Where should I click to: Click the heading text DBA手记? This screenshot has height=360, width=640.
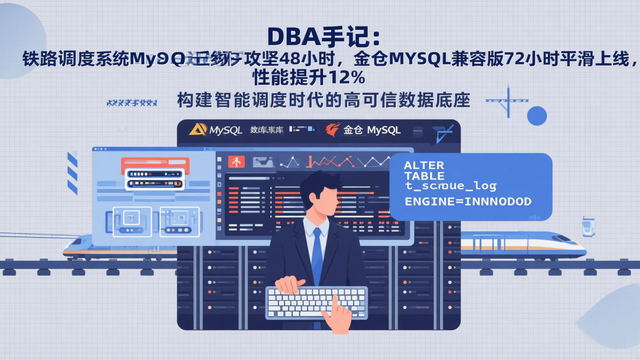323,37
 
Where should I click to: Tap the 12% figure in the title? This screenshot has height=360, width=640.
346,78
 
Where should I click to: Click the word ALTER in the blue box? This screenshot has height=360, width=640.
424,165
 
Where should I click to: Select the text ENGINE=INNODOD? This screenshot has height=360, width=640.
468,202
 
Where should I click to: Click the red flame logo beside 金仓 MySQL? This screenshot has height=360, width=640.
332,130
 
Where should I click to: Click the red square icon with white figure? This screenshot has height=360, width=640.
236,162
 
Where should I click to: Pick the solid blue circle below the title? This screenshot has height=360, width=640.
536,116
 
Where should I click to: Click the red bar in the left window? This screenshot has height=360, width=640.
155,165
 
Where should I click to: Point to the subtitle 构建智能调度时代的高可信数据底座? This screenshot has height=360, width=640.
323,100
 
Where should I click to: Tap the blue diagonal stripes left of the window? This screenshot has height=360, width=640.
72,173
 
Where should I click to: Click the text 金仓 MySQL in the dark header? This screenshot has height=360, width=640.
372,130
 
